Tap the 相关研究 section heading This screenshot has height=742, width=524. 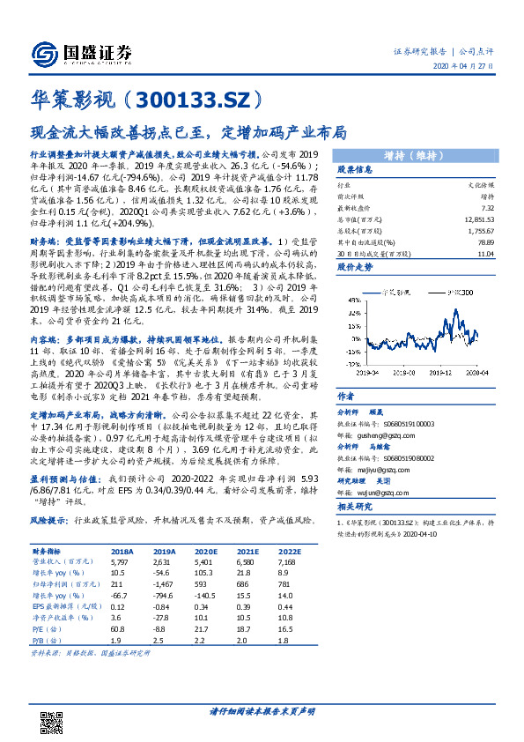[x=356, y=508]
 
